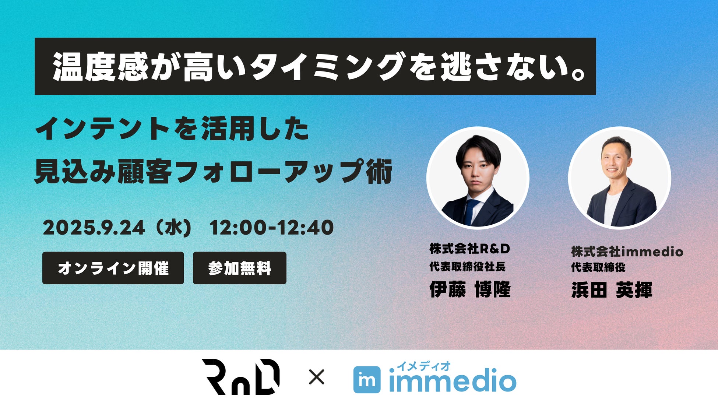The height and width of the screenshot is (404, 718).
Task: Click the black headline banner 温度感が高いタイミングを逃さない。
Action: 315,66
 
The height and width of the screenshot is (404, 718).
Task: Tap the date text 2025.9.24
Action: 94,228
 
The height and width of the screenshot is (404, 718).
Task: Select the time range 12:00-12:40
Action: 272,228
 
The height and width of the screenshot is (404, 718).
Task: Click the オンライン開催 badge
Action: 113,268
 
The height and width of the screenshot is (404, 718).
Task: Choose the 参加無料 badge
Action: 240,268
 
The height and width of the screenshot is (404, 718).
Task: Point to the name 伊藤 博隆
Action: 470,289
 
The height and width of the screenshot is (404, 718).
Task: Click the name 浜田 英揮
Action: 612,290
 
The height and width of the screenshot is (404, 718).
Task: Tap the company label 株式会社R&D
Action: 470,249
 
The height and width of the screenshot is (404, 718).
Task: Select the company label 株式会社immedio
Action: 627,252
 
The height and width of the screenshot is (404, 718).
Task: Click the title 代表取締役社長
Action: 467,267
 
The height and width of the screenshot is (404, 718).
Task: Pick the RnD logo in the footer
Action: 240,377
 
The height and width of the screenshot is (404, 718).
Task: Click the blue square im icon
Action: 367,380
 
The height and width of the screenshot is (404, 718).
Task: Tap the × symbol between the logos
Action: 316,377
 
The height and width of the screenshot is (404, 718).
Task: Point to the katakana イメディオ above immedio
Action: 423,366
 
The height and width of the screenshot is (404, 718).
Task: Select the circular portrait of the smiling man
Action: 619,178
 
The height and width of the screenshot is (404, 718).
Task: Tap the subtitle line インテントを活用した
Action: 172,129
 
